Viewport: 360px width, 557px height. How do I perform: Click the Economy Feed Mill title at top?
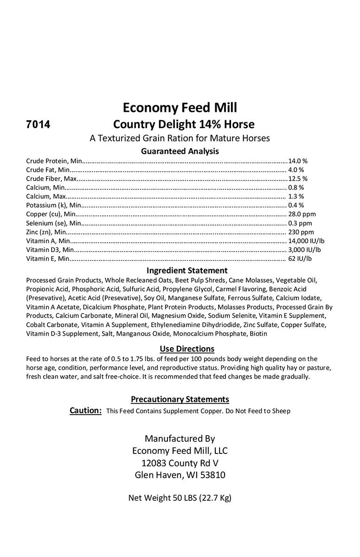tap(180, 108)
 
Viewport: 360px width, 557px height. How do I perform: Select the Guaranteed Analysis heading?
tap(180, 151)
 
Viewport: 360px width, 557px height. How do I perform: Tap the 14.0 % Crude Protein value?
tap(298, 161)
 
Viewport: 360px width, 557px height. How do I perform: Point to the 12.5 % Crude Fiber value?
tap(298, 179)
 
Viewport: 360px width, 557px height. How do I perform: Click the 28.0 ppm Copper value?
tap(302, 214)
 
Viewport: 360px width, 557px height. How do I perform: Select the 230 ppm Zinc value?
tap(301, 232)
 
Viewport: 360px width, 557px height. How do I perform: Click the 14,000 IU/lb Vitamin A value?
tap(306, 240)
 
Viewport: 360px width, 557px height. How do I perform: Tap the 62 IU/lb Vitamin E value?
tap(302, 259)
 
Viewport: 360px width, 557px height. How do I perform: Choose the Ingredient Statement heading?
tap(187, 270)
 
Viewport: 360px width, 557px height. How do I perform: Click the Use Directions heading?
tap(187, 349)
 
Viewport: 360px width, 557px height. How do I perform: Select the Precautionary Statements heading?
tap(180, 399)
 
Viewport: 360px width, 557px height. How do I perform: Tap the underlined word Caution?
tap(85, 410)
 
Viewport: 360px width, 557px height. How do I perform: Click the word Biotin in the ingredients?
tap(258, 334)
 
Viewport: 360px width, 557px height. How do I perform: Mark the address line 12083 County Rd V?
tap(180, 463)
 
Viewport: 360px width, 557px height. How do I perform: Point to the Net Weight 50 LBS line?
tap(180, 498)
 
